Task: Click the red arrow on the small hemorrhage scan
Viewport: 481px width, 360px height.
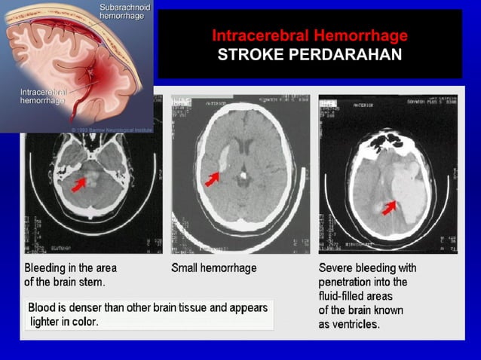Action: point(213,178)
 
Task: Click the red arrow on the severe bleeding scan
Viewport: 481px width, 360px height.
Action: point(389,206)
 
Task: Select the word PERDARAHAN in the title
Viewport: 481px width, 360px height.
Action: point(353,54)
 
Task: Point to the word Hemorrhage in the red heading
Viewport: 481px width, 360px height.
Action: point(357,36)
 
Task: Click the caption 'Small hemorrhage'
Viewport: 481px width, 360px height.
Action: point(214,268)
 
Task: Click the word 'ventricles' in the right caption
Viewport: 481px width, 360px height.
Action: point(354,325)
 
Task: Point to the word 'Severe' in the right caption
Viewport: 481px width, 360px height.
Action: point(335,268)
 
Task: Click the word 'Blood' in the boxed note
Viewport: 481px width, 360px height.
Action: point(43,308)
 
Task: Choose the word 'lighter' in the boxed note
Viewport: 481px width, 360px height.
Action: point(45,322)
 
